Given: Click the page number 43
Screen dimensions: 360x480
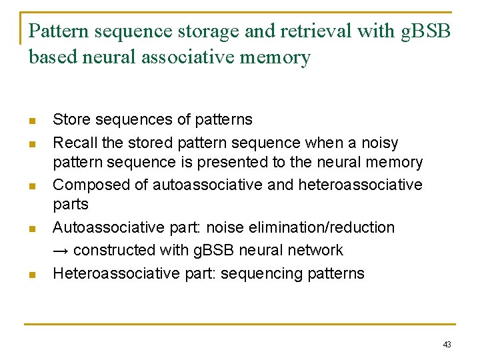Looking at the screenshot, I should [x=447, y=345].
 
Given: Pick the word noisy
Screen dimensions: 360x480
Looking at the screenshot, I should [x=378, y=143].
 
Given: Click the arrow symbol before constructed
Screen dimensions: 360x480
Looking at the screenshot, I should [x=60, y=251].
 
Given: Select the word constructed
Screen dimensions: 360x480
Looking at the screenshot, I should [x=115, y=251].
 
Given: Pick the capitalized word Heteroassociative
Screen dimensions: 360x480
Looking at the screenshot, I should [x=107, y=273].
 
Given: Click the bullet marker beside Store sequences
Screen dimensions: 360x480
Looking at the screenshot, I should [x=32, y=121].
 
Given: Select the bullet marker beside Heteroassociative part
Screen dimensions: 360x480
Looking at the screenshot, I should [x=32, y=274].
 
